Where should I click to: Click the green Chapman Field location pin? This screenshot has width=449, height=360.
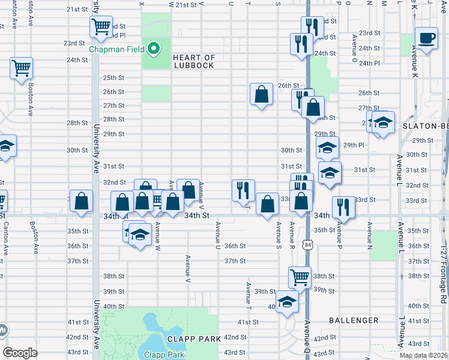click(x=154, y=49)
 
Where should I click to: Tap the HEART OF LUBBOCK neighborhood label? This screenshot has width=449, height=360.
click(x=193, y=61)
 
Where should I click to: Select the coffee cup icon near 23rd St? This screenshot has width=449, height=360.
click(x=426, y=39)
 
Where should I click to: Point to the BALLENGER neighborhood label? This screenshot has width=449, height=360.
click(x=354, y=321)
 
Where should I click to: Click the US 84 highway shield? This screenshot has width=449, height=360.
click(x=308, y=245)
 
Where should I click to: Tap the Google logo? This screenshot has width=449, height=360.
click(x=20, y=353)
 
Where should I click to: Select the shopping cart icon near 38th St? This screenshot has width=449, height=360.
click(x=299, y=277)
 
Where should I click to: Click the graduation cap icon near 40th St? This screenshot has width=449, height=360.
click(x=287, y=301)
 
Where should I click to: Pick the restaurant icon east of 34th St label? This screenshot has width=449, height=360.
click(x=343, y=207)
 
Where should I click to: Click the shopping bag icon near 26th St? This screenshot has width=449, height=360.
click(x=261, y=94)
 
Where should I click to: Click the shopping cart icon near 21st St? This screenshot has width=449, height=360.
click(x=101, y=26)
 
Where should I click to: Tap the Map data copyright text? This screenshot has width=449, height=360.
click(x=423, y=355)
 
